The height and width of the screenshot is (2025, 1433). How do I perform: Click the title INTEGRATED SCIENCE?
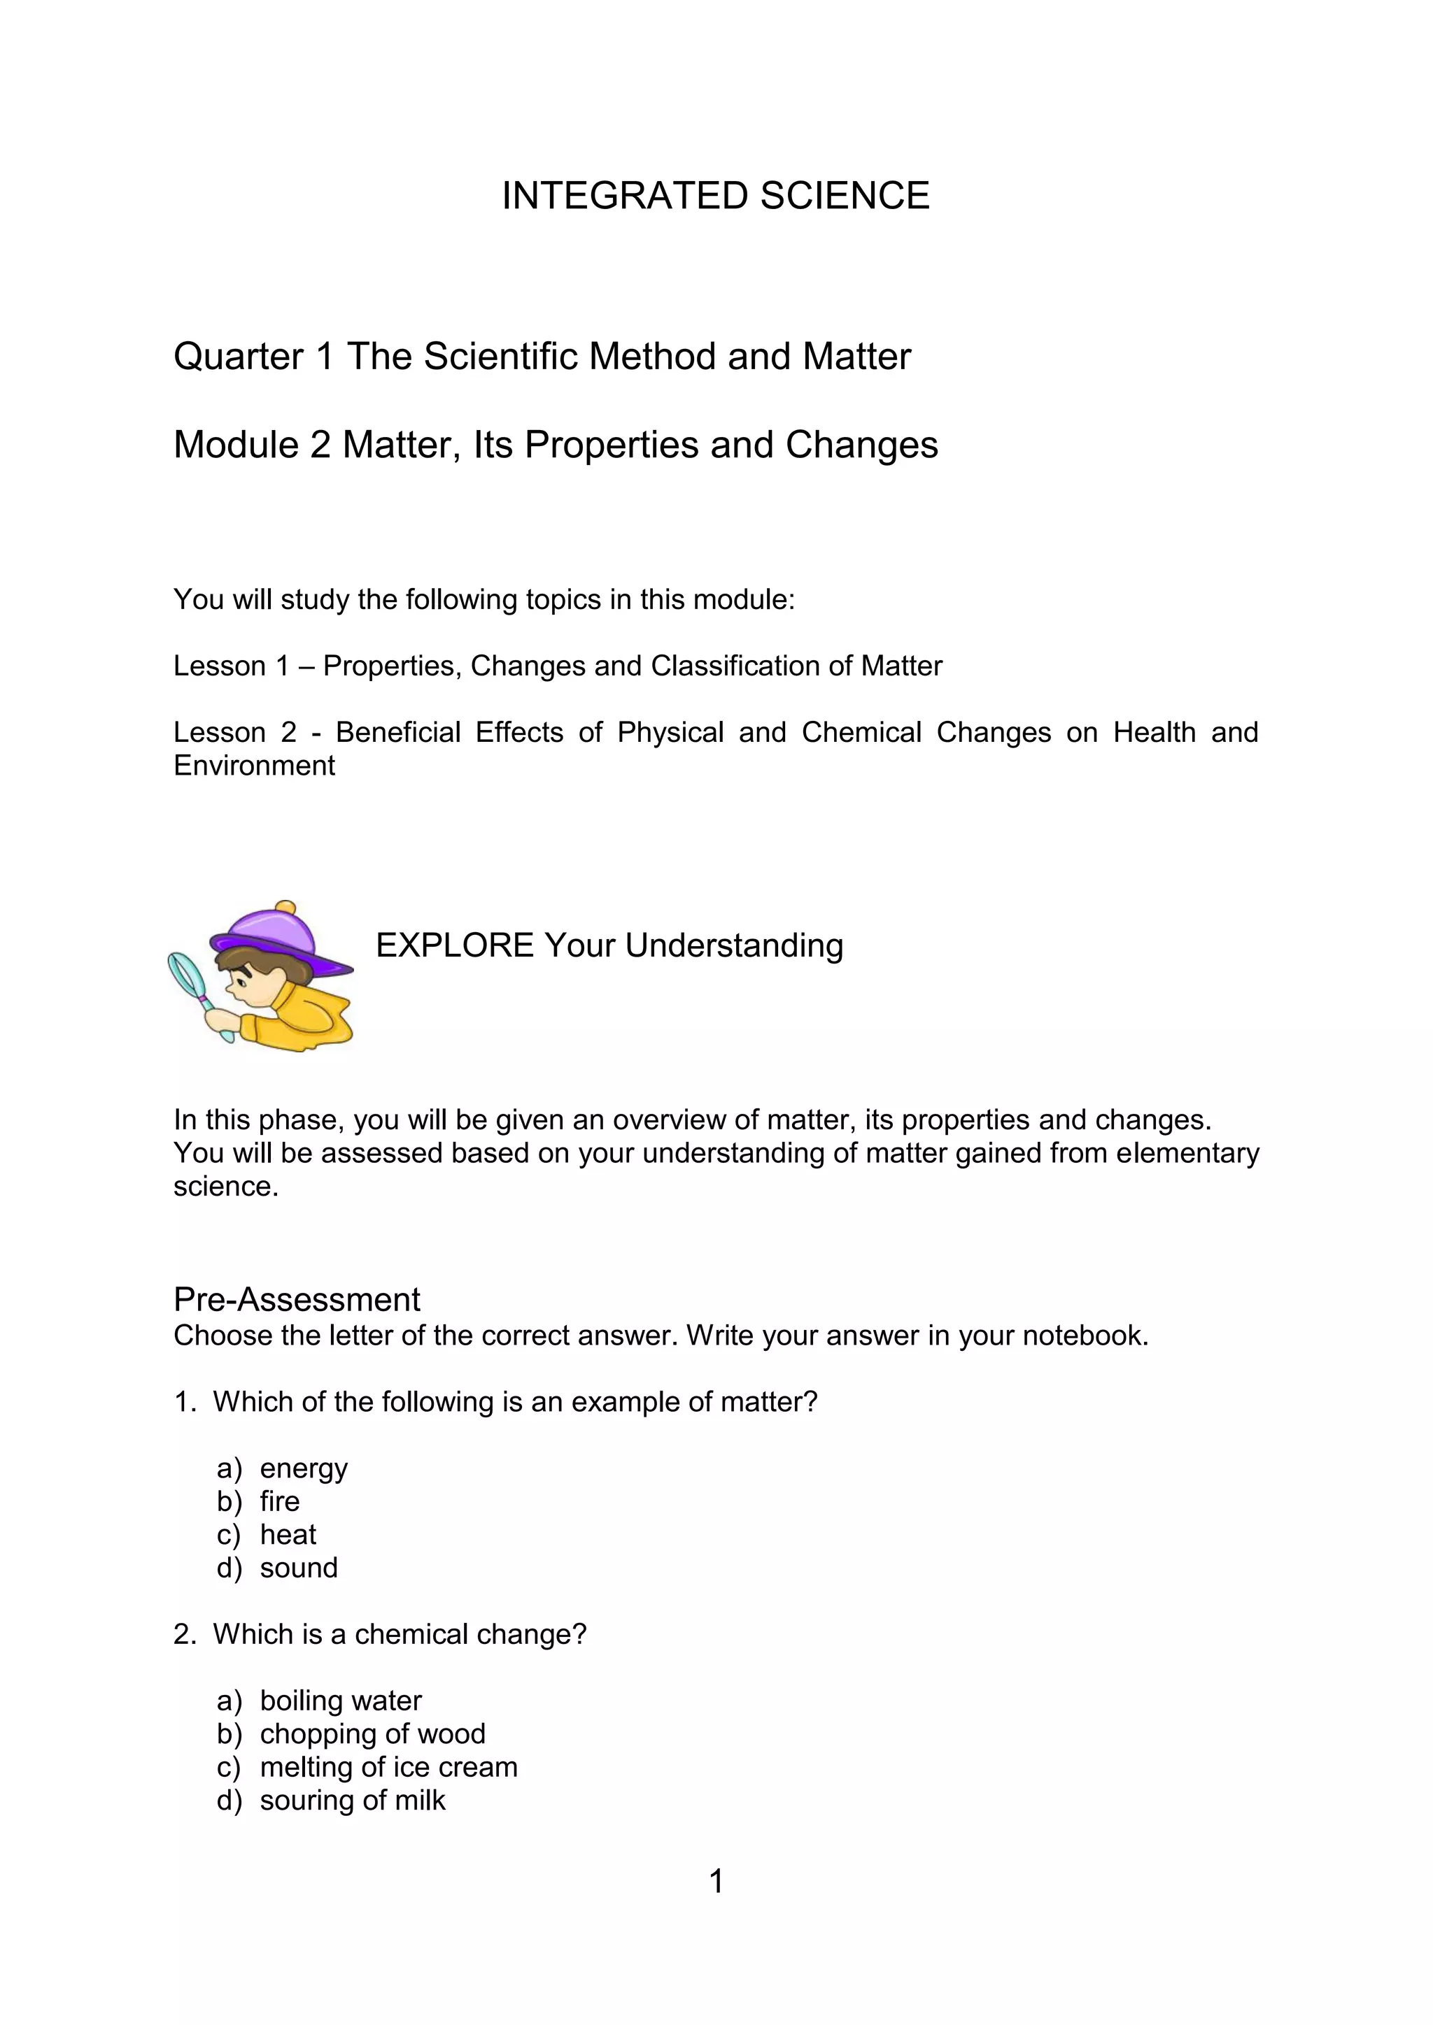click(x=716, y=196)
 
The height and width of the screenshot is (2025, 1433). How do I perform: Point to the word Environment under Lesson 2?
click(x=254, y=766)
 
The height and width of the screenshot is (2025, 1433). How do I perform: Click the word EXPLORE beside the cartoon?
click(x=454, y=945)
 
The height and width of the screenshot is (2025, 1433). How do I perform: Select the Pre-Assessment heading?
click(x=297, y=1300)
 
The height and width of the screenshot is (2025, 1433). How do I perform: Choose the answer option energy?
click(x=304, y=1468)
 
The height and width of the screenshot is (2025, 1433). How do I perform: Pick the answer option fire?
click(x=280, y=1502)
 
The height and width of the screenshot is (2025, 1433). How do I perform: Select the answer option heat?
click(x=288, y=1536)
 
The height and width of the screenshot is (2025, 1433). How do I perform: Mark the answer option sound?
click(x=298, y=1568)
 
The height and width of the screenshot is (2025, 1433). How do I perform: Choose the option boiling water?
click(x=341, y=1701)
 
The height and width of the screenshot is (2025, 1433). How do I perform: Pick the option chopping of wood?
click(x=372, y=1734)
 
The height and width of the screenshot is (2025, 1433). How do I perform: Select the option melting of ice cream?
click(x=388, y=1768)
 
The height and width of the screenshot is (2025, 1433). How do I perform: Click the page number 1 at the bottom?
click(x=716, y=1882)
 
